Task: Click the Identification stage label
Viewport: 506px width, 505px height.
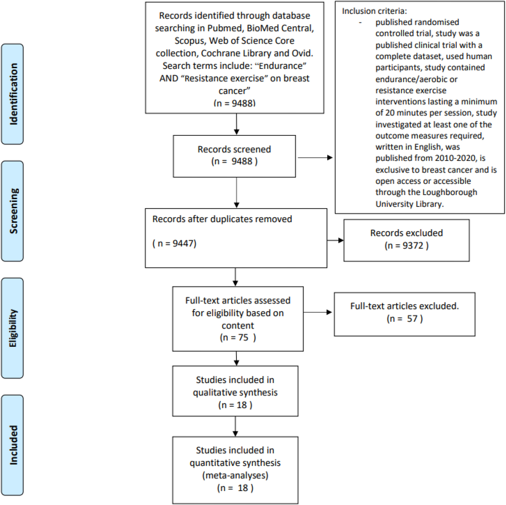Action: [13, 94]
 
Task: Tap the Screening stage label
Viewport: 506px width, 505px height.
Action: [13, 211]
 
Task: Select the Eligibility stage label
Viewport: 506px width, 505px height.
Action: [13, 328]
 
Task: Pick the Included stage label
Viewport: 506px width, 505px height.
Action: [13, 445]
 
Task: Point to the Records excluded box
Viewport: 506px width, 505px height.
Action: [406, 240]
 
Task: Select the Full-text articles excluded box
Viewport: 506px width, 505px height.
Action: [405, 314]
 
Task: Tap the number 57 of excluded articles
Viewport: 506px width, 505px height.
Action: [412, 319]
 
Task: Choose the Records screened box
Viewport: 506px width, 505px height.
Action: [234, 156]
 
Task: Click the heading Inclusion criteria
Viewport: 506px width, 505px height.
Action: [374, 11]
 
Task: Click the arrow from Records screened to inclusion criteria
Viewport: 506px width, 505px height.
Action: [315, 158]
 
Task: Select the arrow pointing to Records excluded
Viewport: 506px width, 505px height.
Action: [335, 240]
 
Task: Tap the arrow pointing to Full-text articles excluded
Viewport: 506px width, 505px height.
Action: [318, 312]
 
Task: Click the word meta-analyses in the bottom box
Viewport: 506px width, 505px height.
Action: [235, 475]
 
